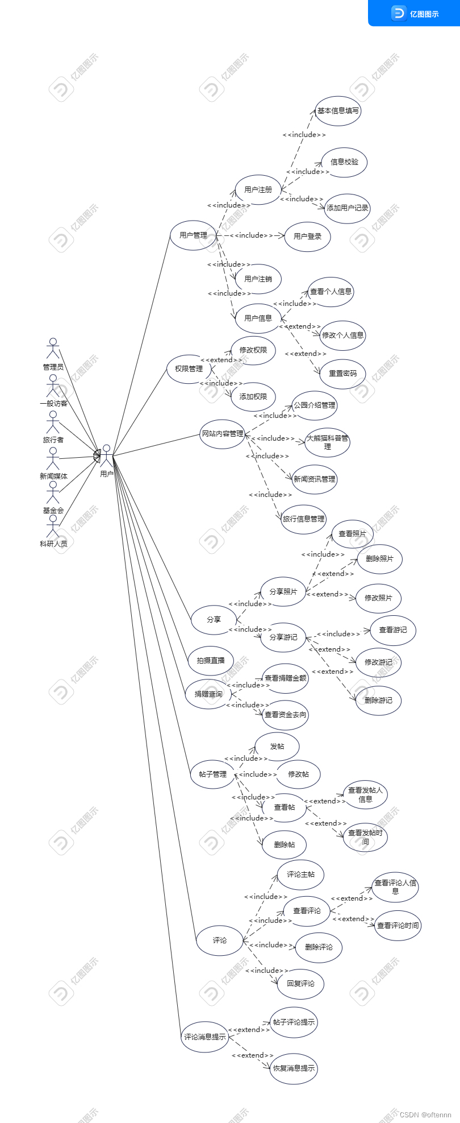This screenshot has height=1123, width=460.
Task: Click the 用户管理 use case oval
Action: pyautogui.click(x=193, y=235)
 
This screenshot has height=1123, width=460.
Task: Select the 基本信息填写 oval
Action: pyautogui.click(x=338, y=111)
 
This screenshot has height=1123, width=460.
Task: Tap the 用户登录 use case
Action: pyautogui.click(x=307, y=236)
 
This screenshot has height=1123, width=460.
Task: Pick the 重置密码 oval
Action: pyautogui.click(x=343, y=374)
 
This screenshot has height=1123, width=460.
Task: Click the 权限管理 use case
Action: pyautogui.click(x=189, y=368)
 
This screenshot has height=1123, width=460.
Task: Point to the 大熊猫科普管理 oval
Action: pyautogui.click(x=327, y=442)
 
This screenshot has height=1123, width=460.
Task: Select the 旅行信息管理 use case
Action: pyautogui.click(x=304, y=519)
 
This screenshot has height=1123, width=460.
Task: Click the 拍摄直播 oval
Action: pyautogui.click(x=211, y=660)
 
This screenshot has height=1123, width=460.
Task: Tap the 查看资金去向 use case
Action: pyautogui.click(x=286, y=714)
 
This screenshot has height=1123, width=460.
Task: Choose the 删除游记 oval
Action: pyautogui.click(x=378, y=700)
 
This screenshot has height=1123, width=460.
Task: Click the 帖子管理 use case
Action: pyautogui.click(x=213, y=774)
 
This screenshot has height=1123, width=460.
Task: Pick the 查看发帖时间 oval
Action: pyautogui.click(x=365, y=837)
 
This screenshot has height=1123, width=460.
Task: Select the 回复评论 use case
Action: pyautogui.click(x=300, y=983)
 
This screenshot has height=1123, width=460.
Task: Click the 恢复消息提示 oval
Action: pyautogui.click(x=294, y=1068)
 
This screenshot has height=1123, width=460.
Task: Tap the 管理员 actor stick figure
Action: pyautogui.click(x=53, y=349)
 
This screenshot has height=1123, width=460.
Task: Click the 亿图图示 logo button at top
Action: pyautogui.click(x=415, y=13)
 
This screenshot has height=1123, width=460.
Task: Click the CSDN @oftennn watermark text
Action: pyautogui.click(x=425, y=1114)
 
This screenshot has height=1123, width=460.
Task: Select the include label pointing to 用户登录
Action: pyautogui.click(x=251, y=235)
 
